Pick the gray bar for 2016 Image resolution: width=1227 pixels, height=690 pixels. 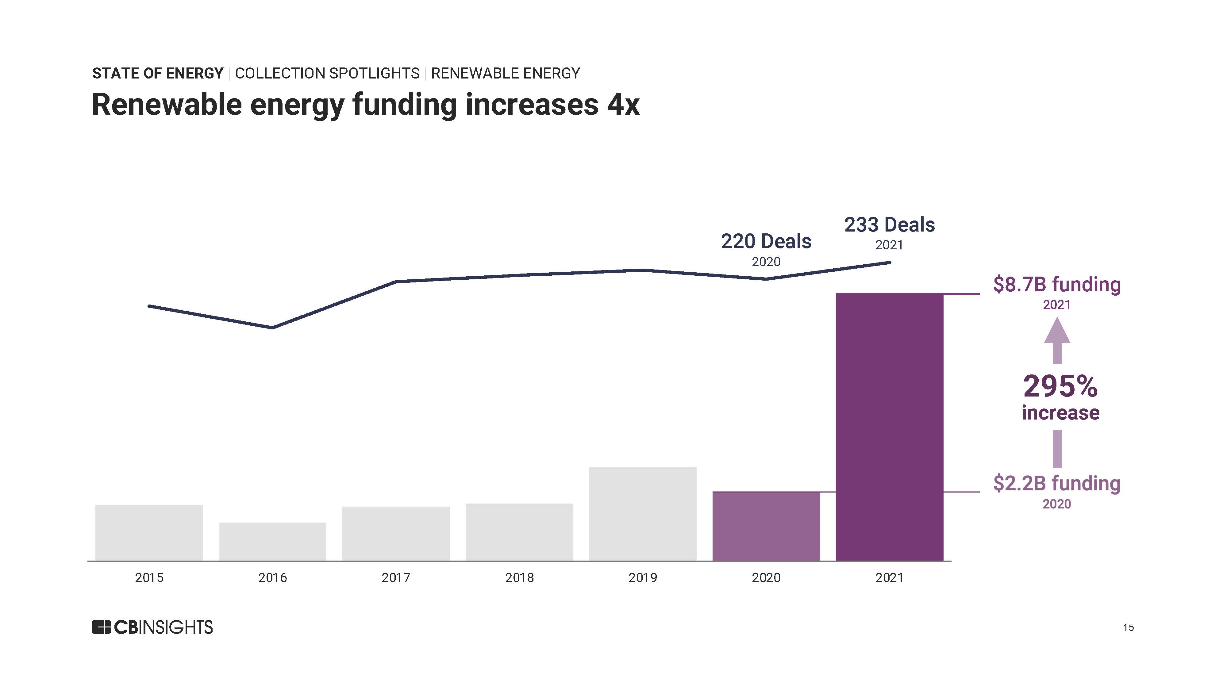pyautogui.click(x=272, y=542)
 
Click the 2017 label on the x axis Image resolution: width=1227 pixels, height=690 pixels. pyautogui.click(x=396, y=578)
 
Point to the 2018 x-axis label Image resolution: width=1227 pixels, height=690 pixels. pyautogui.click(x=519, y=578)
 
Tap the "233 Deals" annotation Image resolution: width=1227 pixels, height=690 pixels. pyautogui.click(x=889, y=225)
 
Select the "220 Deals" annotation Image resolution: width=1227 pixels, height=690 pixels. pyautogui.click(x=766, y=241)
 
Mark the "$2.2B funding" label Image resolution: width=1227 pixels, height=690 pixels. pyautogui.click(x=1056, y=483)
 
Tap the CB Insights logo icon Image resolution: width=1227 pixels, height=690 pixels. pyautogui.click(x=101, y=627)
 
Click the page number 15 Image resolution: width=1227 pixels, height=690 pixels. pyautogui.click(x=1128, y=628)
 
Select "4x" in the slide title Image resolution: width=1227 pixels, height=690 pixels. pyautogui.click(x=623, y=105)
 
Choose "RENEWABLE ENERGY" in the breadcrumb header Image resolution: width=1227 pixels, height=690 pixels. pyautogui.click(x=506, y=73)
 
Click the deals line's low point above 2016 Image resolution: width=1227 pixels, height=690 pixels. pyautogui.click(x=272, y=328)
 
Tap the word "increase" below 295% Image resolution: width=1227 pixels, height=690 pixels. pyautogui.click(x=1060, y=413)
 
